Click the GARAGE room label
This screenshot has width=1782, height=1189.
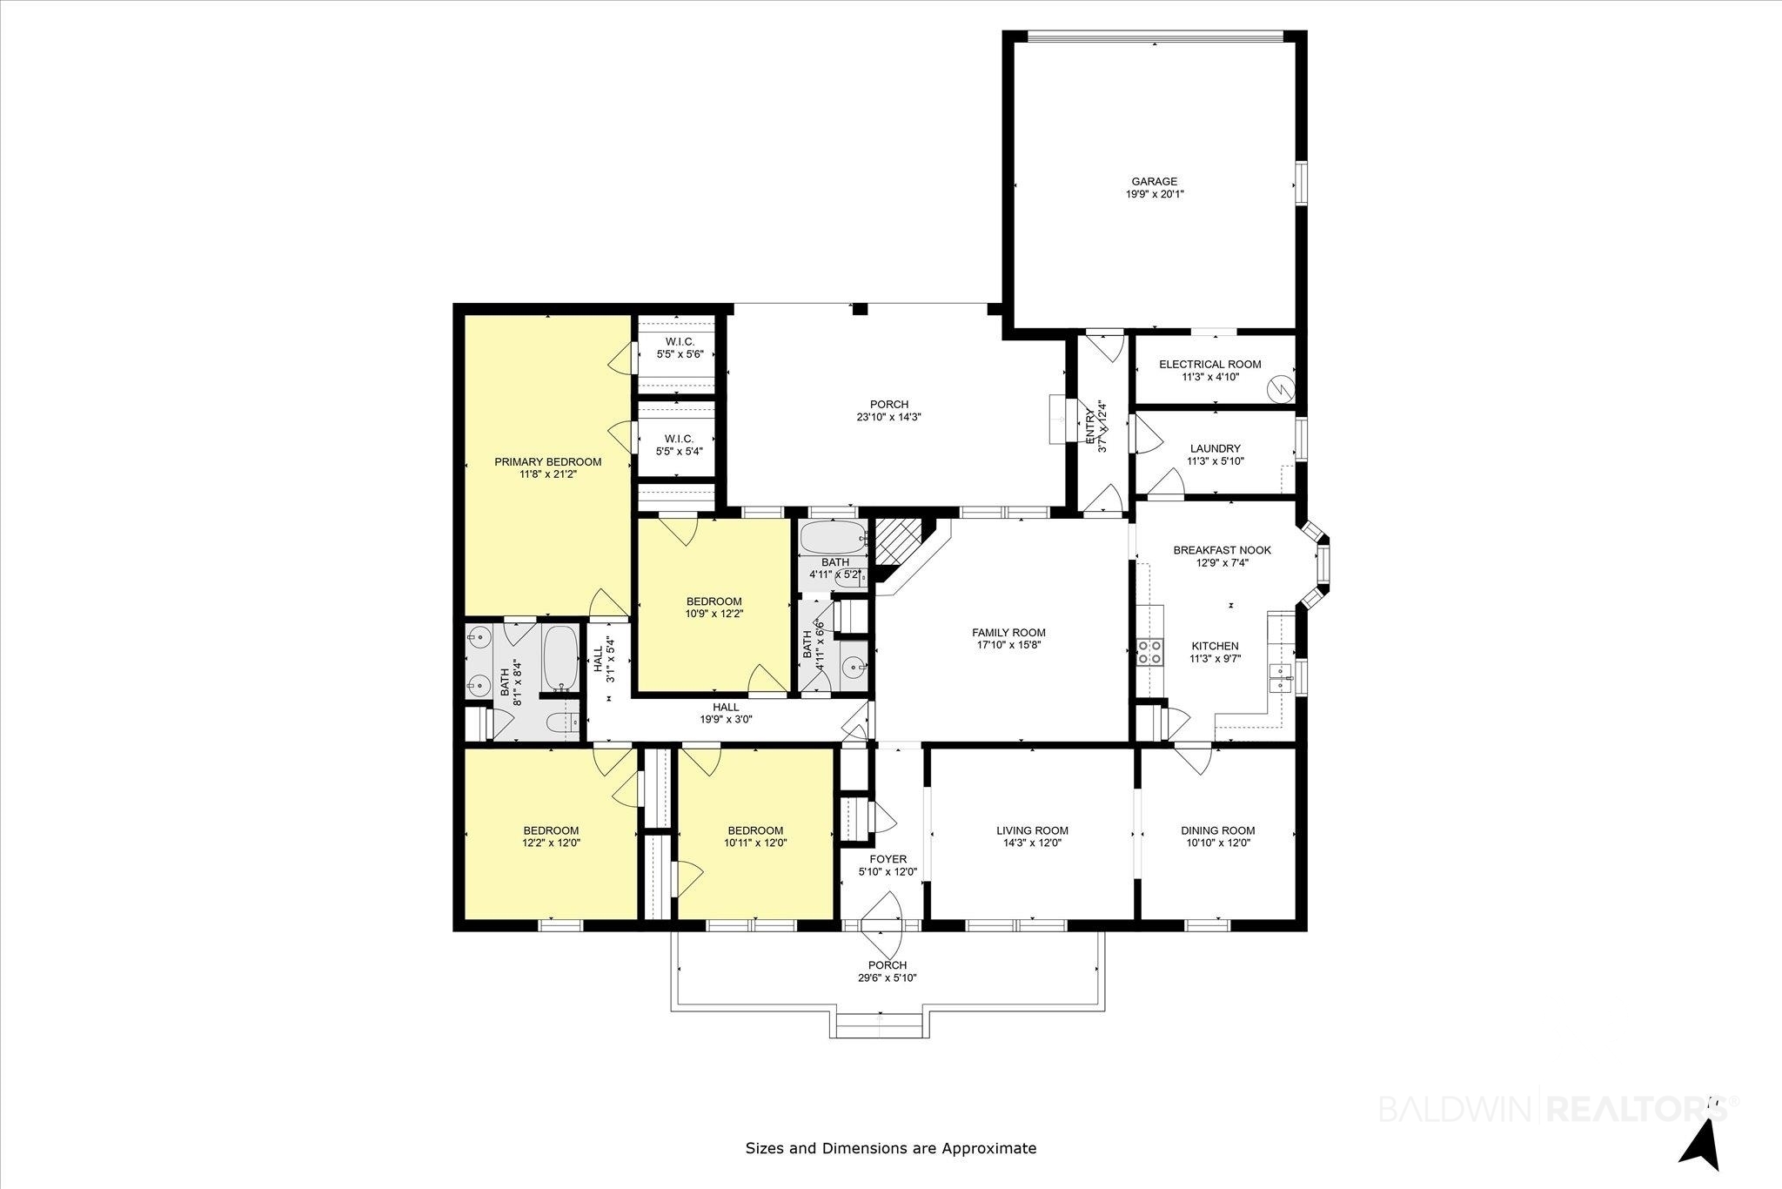pyautogui.click(x=1154, y=182)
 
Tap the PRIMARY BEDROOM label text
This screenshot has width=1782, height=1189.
pyautogui.click(x=547, y=462)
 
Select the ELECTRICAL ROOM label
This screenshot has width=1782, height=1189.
pyautogui.click(x=1209, y=365)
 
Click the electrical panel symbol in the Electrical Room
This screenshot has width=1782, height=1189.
pyautogui.click(x=1281, y=386)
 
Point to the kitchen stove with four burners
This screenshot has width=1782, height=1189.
pyautogui.click(x=1149, y=652)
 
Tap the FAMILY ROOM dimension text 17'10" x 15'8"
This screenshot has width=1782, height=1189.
pyautogui.click(x=1008, y=646)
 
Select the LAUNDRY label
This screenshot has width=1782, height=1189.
pyautogui.click(x=1215, y=449)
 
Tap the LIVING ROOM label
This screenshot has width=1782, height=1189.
pyautogui.click(x=1032, y=830)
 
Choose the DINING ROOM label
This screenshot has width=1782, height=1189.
pyautogui.click(x=1217, y=830)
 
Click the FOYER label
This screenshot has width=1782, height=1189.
pyautogui.click(x=888, y=859)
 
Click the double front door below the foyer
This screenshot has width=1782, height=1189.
pyautogui.click(x=881, y=924)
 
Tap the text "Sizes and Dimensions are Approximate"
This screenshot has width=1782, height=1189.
pyautogui.click(x=891, y=1148)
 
